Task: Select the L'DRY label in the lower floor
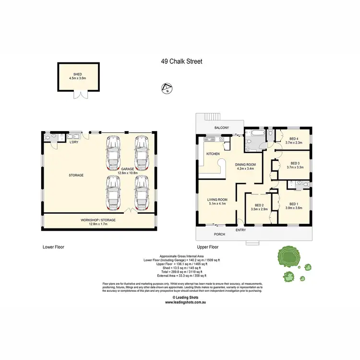coord(74,143)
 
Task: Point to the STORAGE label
coord(76,175)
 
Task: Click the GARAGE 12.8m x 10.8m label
coord(127,171)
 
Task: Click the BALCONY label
coord(221,128)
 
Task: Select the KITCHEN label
coord(213,154)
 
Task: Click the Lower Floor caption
coord(53,247)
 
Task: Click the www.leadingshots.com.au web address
coord(186,302)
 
